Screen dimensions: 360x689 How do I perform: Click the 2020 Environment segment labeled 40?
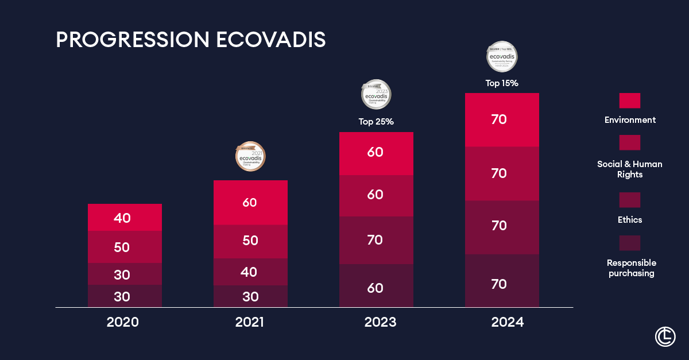pos(125,218)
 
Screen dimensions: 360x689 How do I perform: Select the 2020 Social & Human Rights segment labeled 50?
pos(125,247)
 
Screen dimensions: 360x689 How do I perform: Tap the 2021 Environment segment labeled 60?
pos(250,202)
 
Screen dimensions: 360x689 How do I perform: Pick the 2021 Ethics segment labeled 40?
pos(250,272)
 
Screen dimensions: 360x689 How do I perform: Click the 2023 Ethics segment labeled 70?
pos(376,240)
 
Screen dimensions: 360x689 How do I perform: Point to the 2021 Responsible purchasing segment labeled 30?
pos(250,296)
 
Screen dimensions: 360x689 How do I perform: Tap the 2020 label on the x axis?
pos(122,322)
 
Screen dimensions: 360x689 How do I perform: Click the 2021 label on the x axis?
pos(249,322)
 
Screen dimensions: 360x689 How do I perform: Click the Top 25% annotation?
pos(376,122)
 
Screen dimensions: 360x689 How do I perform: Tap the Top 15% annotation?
pos(502,83)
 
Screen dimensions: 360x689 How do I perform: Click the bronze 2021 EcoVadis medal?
pos(251,156)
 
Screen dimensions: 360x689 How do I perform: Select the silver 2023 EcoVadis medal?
pos(376,94)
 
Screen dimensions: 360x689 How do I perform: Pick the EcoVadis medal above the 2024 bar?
pos(502,56)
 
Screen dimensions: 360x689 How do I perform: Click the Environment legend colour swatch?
pos(630,100)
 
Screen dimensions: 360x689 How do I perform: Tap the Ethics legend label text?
pos(630,220)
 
